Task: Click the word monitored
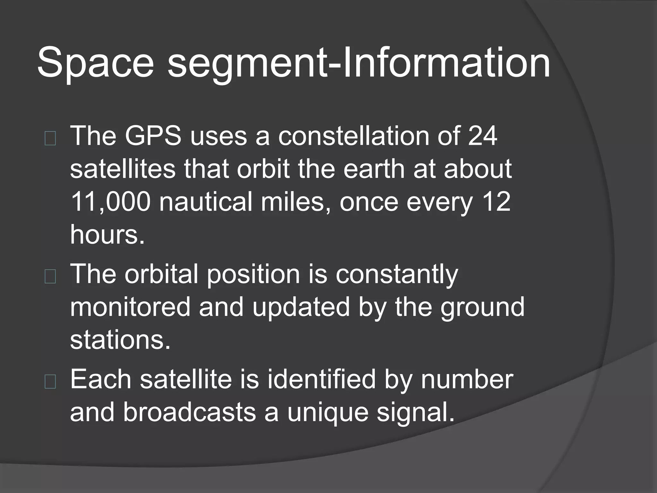pyautogui.click(x=130, y=307)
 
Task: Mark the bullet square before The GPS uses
pyautogui.click(x=50, y=139)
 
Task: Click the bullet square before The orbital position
pyautogui.click(x=50, y=277)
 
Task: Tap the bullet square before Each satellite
pyautogui.click(x=50, y=382)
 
